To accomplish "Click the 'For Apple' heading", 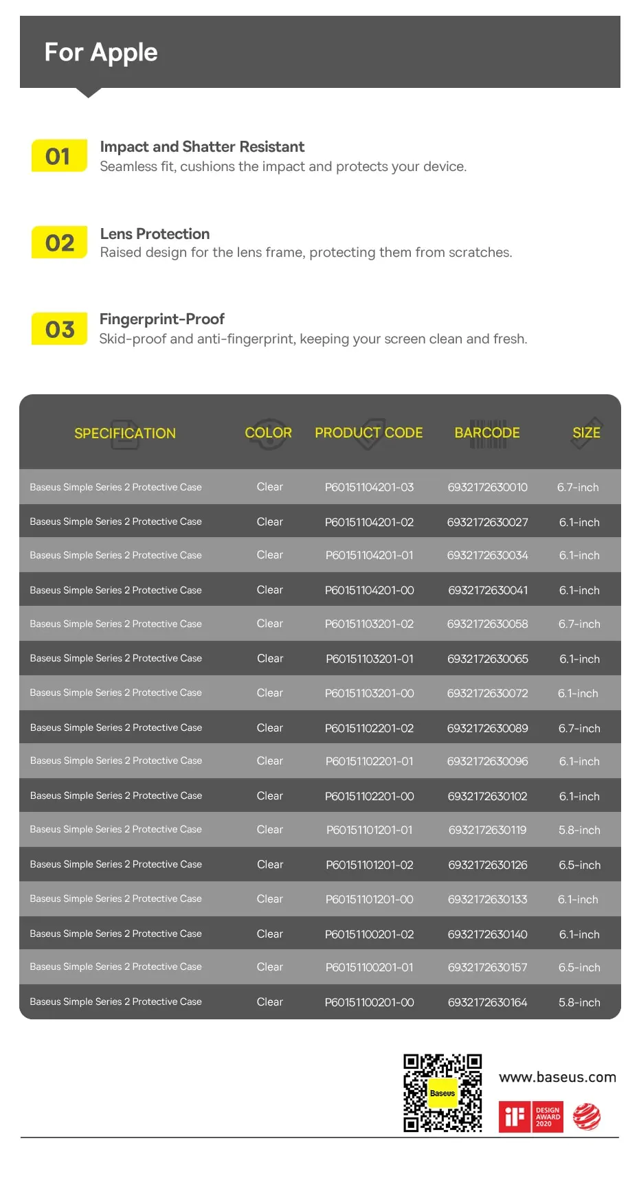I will pos(101,52).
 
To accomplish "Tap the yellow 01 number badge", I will pos(59,156).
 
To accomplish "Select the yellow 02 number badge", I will pos(59,242).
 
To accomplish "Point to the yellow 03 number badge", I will pos(59,329).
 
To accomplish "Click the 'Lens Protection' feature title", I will pos(155,234).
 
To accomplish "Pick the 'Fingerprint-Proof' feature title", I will pos(162,319).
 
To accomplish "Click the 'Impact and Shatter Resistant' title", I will pos(202,146).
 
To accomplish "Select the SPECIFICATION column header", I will pos(125,433).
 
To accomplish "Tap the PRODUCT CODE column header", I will pos(369,433).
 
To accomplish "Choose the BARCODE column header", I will pos(487,433).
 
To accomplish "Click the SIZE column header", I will pos(586,433).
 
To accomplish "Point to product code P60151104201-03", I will pos(369,487).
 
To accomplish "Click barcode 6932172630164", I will pos(487,1002).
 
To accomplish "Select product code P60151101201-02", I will pos(369,865).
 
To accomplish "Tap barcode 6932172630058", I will pos(487,624).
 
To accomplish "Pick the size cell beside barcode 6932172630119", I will pos(579,830).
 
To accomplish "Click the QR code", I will pos(442,1093).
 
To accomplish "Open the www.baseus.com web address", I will pos(557,1077).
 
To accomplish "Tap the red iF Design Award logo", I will pos(530,1117).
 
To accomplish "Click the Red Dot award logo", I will pos(587,1117).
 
